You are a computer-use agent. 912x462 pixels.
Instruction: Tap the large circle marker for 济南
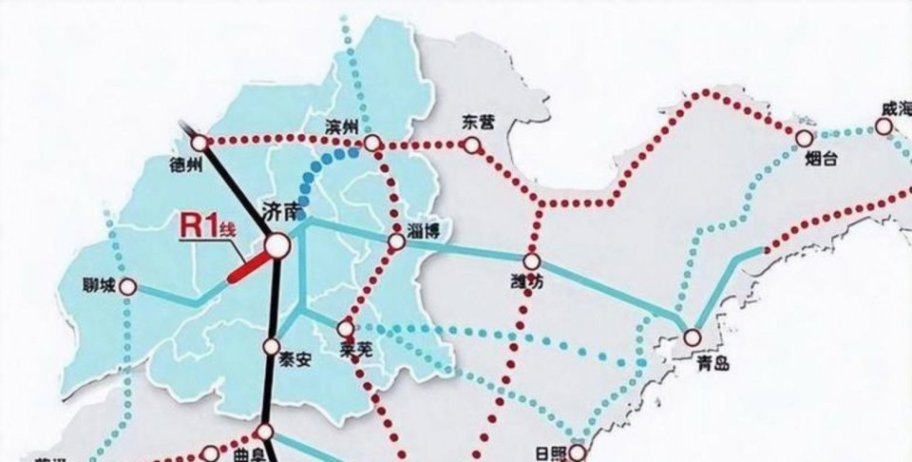point(276,246)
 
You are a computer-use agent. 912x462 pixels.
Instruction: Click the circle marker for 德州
point(199,143)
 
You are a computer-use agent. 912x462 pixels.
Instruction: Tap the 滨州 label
point(340,126)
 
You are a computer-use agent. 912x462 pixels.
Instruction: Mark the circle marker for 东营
point(471,144)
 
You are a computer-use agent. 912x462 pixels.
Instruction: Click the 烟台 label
point(820,160)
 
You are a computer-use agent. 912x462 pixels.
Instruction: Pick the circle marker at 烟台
point(805,140)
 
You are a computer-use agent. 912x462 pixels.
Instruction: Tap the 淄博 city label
point(422,229)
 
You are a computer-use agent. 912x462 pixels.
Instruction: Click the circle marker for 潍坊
point(531,260)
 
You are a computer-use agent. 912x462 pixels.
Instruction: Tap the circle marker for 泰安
point(272,347)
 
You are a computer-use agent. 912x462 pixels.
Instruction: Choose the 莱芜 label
point(355,352)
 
